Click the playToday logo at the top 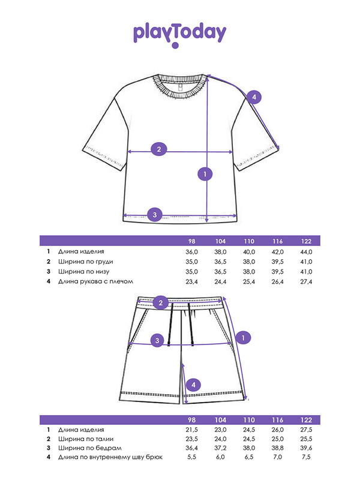179,34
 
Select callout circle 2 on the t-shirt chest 158,149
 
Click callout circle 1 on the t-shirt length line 205,174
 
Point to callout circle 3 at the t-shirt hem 154,214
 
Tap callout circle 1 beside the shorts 242,338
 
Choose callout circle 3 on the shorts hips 157,341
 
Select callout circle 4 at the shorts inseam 193,385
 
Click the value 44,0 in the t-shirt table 307,252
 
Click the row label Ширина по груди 86,262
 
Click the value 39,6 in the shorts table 307,449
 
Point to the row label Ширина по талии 85,440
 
